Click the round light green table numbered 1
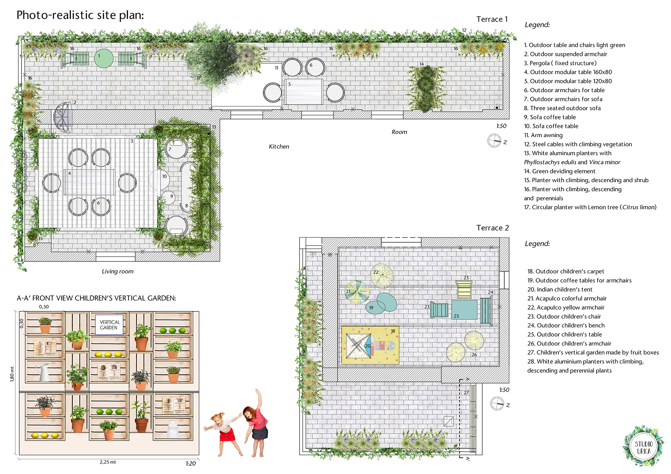tap(104, 58)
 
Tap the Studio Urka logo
tap(643, 446)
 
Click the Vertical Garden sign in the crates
tap(109, 325)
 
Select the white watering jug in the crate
tap(44, 372)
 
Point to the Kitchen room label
tap(279, 147)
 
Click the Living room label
tap(118, 271)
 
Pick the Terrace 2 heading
tap(492, 228)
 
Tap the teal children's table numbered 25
tap(464, 309)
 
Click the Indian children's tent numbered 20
tap(358, 346)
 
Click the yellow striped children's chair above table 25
tap(464, 289)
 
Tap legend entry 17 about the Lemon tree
tap(590, 207)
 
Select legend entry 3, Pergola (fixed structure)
tap(560, 63)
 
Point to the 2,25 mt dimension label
tap(108, 462)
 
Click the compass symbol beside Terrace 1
tap(494, 141)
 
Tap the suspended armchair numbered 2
tap(63, 117)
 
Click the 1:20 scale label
tap(190, 464)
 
